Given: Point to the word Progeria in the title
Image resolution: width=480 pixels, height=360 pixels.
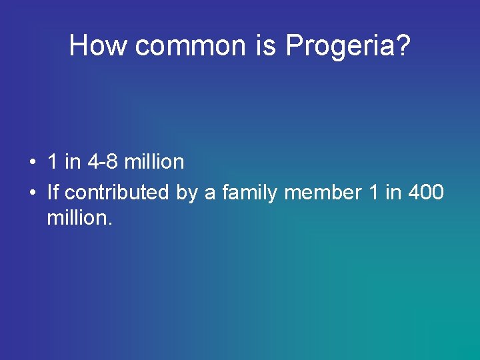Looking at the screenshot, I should (338, 45).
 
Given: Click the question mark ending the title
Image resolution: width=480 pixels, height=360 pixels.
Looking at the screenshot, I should (401, 45).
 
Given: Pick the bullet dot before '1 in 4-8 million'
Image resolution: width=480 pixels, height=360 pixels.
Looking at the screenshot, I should (32, 162).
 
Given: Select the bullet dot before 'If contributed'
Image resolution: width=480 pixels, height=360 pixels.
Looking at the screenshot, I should (32, 193).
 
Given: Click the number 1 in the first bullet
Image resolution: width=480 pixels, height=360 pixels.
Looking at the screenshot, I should (52, 161).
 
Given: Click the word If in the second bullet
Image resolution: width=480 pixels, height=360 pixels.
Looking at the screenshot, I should (53, 192).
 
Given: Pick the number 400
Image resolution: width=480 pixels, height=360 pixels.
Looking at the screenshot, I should (425, 192).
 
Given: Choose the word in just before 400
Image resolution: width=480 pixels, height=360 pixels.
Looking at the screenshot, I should (393, 192).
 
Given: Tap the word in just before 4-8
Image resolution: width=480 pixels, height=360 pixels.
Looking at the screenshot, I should (71, 161).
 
